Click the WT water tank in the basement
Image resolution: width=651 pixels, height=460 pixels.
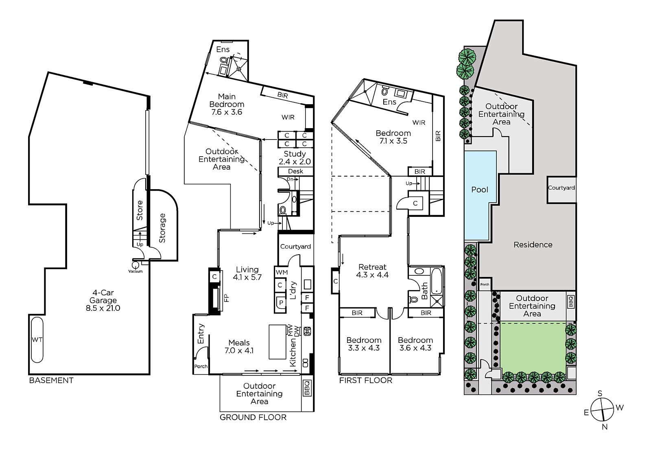37,339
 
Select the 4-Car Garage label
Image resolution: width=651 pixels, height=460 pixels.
103,300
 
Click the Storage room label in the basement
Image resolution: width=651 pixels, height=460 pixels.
162,228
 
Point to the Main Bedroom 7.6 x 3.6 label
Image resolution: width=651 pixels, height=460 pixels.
227,104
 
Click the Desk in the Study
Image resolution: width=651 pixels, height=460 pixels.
295,172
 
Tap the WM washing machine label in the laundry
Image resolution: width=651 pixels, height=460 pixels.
281,272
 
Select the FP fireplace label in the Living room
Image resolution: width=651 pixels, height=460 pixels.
227,298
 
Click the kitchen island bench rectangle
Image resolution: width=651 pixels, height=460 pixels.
277,342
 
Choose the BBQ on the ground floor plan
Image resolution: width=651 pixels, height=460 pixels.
307,388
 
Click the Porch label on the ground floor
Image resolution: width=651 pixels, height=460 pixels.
201,366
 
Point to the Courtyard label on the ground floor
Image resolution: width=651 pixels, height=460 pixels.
295,246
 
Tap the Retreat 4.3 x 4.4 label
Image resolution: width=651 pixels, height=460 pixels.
372,271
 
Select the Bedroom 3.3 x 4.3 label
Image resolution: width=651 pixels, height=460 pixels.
364,344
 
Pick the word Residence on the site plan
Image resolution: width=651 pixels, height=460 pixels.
533,245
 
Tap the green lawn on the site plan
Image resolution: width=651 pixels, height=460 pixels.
533,347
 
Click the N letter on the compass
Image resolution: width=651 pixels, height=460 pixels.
605,427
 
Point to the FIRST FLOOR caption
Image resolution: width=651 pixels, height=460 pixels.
366,380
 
